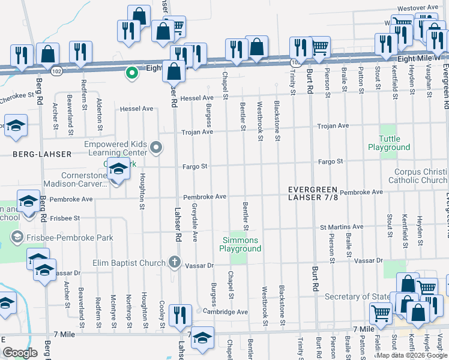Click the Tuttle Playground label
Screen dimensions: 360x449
(389, 143)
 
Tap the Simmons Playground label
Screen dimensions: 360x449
(238, 244)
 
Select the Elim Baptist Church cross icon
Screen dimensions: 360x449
(174, 262)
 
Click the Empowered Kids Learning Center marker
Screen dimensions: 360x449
(156, 147)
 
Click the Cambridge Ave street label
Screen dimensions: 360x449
(225, 312)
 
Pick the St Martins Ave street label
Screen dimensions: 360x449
(341, 227)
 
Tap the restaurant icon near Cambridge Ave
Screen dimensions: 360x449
(180, 316)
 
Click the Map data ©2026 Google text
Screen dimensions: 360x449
(412, 355)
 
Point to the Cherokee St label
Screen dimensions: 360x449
(17, 95)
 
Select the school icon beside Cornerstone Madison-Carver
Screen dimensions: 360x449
(118, 170)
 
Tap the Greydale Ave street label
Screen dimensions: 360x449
(194, 229)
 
